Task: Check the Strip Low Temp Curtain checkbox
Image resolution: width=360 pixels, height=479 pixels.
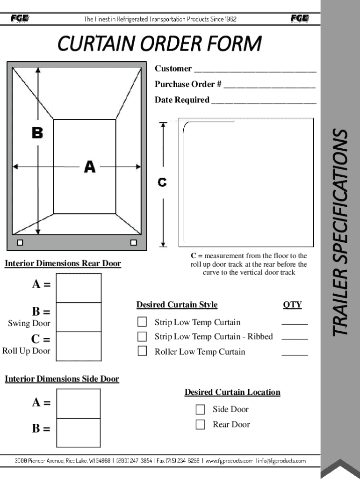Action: (x=142, y=322)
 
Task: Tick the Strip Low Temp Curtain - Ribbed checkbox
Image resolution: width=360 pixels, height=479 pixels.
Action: (x=142, y=336)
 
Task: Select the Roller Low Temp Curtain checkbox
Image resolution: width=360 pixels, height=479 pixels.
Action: (x=142, y=351)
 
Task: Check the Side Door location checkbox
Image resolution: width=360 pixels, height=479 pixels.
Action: (x=200, y=409)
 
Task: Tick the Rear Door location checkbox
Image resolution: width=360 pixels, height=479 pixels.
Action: (x=200, y=424)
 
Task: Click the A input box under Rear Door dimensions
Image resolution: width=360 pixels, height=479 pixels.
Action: (x=79, y=288)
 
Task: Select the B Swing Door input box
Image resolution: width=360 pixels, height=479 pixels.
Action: (x=79, y=317)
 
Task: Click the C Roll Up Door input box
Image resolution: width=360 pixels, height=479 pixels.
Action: (x=79, y=346)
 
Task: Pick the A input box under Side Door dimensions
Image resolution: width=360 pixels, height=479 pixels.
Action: (x=78, y=403)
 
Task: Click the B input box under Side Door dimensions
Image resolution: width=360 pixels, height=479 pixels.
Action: (x=78, y=432)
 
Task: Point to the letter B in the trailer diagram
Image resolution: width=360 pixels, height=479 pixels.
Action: (x=37, y=133)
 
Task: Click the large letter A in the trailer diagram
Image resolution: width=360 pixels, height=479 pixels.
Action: (x=89, y=167)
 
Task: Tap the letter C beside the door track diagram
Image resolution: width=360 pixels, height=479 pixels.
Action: (x=162, y=182)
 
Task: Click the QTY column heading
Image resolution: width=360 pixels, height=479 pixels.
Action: (x=292, y=305)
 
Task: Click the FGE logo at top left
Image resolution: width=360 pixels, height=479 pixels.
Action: (x=20, y=18)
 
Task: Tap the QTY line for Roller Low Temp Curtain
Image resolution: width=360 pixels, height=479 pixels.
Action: (x=295, y=355)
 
